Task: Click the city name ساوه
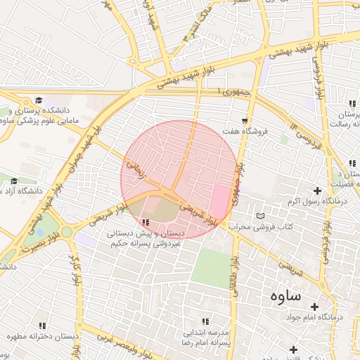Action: click(x=284, y=295)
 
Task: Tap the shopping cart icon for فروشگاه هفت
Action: click(x=245, y=120)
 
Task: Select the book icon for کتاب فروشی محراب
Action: click(x=262, y=215)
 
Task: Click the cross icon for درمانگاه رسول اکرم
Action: click(x=317, y=191)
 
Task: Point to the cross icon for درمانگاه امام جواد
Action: click(x=314, y=307)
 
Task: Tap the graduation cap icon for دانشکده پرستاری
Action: click(x=39, y=101)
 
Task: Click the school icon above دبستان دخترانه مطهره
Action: click(x=42, y=326)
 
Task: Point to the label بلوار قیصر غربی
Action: click(x=106, y=342)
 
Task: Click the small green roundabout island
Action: click(x=66, y=231)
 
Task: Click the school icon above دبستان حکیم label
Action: click(x=146, y=223)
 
